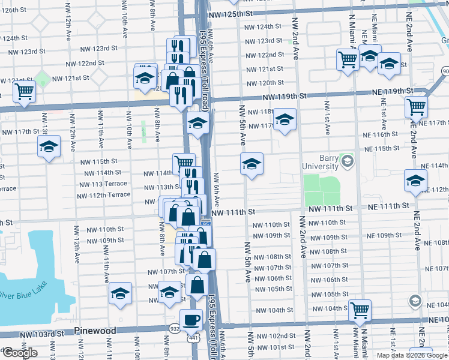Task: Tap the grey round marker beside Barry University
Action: [x=347, y=161]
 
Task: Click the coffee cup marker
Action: [x=191, y=319]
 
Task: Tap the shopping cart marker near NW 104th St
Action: [x=360, y=310]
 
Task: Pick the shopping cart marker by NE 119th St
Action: [x=417, y=107]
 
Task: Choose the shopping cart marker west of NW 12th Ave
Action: [x=25, y=92]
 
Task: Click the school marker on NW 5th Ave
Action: [x=252, y=163]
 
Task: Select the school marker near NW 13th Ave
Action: [x=49, y=146]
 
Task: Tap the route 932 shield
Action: [x=173, y=329]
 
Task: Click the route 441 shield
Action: [x=191, y=340]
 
